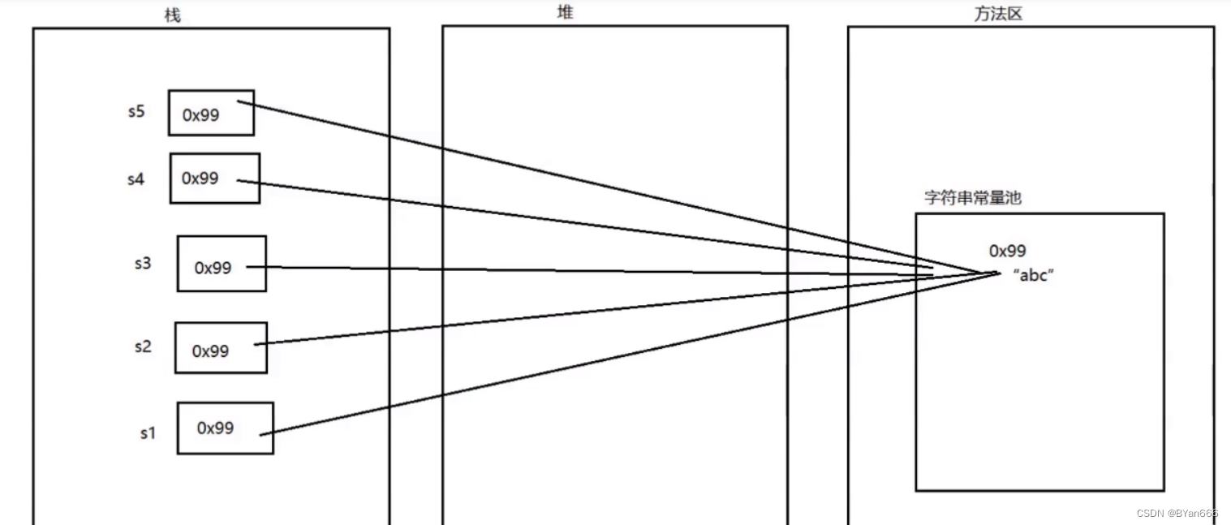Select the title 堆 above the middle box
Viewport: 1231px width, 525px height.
tap(566, 12)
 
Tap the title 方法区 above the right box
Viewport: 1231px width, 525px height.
tap(997, 14)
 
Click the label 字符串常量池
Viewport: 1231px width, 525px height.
tap(972, 197)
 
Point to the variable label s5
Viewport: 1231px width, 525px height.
tap(136, 111)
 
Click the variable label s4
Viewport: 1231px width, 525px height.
tap(136, 179)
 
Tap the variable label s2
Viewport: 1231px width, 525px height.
tap(143, 346)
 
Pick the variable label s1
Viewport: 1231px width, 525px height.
tap(147, 433)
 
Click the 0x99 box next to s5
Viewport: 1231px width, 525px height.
tap(211, 113)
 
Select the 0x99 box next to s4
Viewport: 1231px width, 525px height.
tap(214, 178)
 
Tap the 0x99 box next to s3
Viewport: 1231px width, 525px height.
tap(222, 264)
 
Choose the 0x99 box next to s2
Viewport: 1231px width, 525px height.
tap(221, 348)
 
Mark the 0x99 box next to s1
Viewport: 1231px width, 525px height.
tap(225, 428)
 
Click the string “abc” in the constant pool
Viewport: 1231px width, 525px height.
tap(1033, 275)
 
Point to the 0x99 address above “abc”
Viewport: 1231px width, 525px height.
tap(1007, 251)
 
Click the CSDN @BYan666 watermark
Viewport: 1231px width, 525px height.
tap(1177, 514)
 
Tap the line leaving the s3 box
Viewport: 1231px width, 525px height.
tap(568, 270)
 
